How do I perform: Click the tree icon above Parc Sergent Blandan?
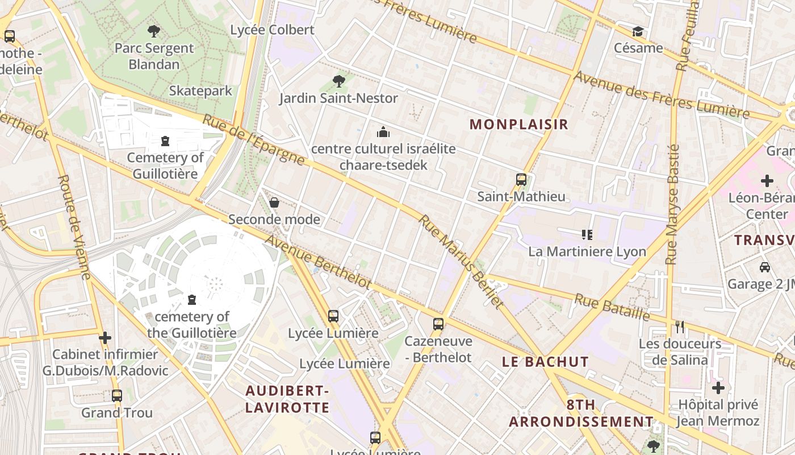[x=153, y=31]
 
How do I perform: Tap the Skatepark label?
[x=200, y=90]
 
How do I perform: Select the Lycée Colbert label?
[x=272, y=30]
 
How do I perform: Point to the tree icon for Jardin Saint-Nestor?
[x=339, y=81]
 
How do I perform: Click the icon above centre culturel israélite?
[x=383, y=133]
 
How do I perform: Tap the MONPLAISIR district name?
[x=519, y=125]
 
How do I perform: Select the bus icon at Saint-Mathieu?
[x=521, y=180]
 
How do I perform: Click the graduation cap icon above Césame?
[x=638, y=31]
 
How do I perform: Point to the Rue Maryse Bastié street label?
[x=672, y=205]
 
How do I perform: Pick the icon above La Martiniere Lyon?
[x=587, y=234]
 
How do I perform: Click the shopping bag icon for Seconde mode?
[x=274, y=202]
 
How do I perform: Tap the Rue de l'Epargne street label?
[x=253, y=140]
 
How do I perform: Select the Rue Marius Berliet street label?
[x=461, y=262]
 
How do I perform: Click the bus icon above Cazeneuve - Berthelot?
[x=438, y=324]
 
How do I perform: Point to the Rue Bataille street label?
[x=612, y=307]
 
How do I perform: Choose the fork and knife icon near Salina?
[x=680, y=326]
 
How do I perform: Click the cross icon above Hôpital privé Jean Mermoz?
[x=718, y=388]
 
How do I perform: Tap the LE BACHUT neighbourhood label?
[x=545, y=362]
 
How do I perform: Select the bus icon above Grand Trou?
[x=117, y=395]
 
